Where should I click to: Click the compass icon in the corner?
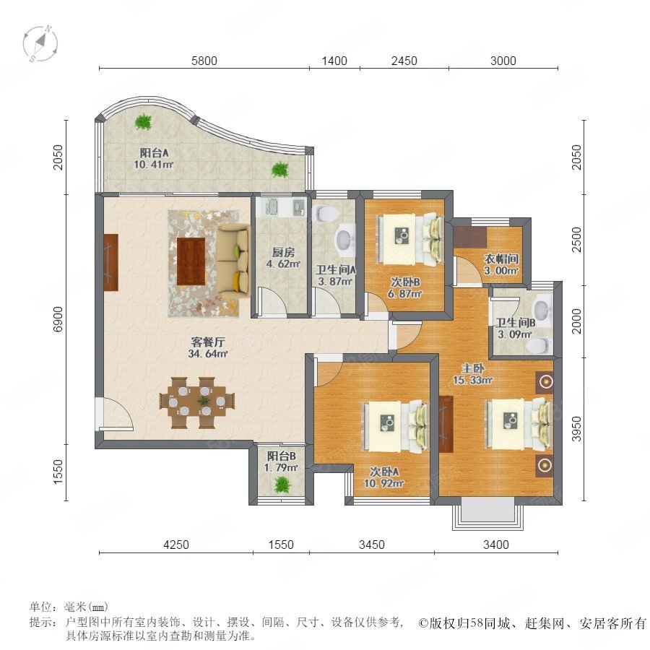40,43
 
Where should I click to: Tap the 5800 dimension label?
204,61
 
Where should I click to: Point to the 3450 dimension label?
371,545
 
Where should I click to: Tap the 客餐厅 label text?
208,342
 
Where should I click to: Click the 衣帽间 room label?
502,259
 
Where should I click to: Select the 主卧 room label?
473,368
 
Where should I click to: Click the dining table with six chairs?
197,402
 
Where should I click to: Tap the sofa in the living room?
233,260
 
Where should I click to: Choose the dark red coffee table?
191,261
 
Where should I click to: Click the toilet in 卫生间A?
327,214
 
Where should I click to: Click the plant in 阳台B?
282,485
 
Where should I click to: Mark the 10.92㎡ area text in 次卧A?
384,483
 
